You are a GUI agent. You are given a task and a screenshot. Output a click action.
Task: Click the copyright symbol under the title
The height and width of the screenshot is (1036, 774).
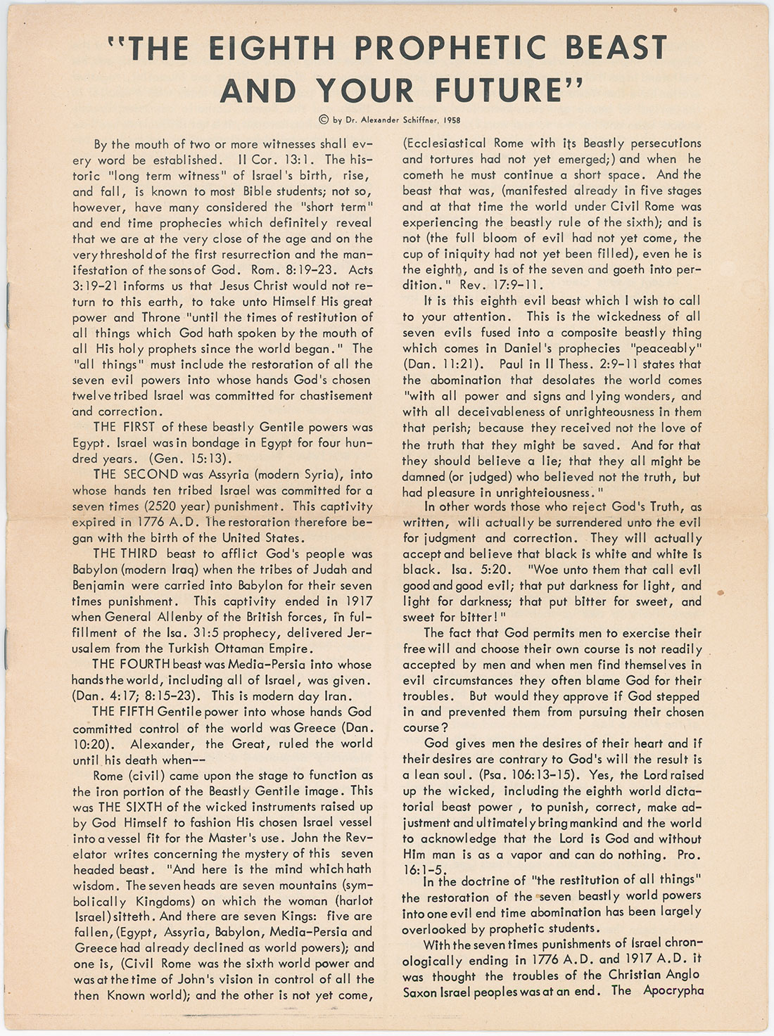click(323, 120)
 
